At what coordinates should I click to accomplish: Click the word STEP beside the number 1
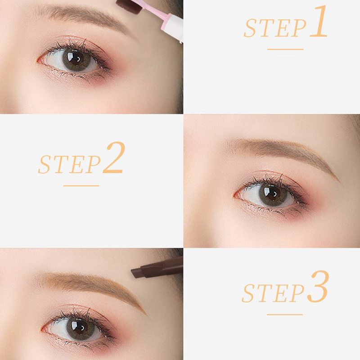coord(275,28)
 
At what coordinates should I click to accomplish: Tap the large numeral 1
coord(319,21)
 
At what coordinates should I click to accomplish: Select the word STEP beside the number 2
coord(69,164)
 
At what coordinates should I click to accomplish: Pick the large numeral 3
coord(318,286)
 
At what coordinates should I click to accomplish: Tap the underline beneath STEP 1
coord(285,49)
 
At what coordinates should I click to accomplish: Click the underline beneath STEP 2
coord(81,186)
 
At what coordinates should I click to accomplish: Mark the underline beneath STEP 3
coord(285,315)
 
